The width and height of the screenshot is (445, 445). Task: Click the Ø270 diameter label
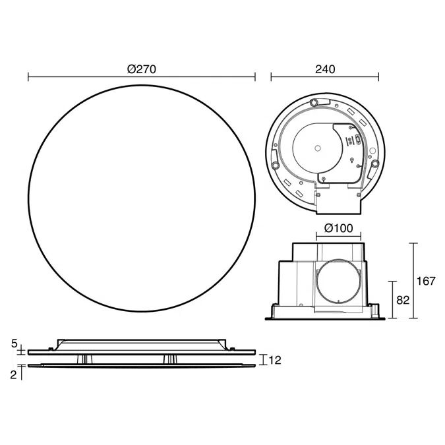click(141, 69)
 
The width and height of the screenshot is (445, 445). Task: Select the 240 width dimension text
click(324, 69)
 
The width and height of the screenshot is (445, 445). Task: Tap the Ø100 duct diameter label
click(339, 229)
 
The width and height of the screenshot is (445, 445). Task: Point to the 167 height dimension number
click(426, 281)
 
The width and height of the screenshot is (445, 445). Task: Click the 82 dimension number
click(403, 299)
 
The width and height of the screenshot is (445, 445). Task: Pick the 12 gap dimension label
click(275, 360)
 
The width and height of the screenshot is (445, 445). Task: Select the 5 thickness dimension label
click(15, 343)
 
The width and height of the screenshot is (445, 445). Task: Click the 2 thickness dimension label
click(15, 373)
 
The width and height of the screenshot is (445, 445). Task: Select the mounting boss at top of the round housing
click(314, 102)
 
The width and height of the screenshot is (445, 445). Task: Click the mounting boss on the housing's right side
click(375, 163)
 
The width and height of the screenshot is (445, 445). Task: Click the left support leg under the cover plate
click(84, 358)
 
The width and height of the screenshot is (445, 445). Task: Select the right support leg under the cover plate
click(173, 358)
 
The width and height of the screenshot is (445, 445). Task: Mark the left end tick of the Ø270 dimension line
click(28, 77)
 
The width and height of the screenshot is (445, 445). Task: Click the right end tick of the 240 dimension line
click(379, 77)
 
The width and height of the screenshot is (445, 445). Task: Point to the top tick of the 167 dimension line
click(414, 243)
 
